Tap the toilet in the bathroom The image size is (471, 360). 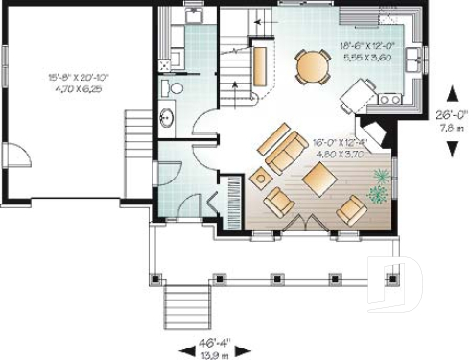tap(175, 88)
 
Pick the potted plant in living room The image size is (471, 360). tap(381, 185)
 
